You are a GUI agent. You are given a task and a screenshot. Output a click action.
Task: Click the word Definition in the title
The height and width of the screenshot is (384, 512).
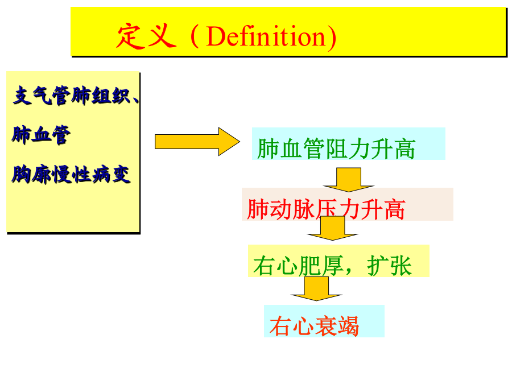tap(266, 36)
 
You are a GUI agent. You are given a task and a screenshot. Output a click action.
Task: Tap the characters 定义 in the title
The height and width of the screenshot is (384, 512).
tap(147, 36)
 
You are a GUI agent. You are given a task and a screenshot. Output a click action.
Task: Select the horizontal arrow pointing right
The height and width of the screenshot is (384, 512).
tap(197, 142)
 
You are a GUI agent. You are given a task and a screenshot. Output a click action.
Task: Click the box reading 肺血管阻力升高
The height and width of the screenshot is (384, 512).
tap(348, 144)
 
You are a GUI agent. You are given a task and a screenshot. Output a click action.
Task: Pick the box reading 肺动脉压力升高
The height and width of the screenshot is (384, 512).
tap(348, 204)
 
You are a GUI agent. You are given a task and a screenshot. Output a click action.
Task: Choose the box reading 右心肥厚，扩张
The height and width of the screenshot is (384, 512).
tap(338, 261)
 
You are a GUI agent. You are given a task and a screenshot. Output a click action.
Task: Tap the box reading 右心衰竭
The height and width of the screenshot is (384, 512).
tap(324, 321)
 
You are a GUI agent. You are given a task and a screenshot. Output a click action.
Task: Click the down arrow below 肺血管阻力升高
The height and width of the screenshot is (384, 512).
tap(348, 180)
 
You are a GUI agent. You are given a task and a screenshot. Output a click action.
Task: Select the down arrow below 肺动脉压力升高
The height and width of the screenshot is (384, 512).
tap(332, 228)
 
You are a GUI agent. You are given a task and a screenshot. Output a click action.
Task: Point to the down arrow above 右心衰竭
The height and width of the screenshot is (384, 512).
tap(316, 288)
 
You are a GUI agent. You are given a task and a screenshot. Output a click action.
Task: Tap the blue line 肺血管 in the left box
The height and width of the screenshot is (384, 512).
tap(41, 135)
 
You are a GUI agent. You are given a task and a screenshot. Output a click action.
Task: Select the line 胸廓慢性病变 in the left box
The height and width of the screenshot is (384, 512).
tap(71, 175)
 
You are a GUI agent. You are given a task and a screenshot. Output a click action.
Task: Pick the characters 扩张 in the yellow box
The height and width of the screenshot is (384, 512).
tap(389, 266)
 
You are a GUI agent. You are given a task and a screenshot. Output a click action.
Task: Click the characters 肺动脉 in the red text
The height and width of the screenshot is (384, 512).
tap(280, 209)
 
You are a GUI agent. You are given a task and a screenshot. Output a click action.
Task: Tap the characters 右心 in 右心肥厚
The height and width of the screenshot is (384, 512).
tap(275, 266)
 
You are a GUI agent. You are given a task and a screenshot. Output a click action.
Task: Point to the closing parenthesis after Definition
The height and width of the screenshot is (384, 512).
tap(332, 36)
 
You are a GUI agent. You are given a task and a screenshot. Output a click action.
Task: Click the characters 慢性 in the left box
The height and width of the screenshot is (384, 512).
tap(71, 175)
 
